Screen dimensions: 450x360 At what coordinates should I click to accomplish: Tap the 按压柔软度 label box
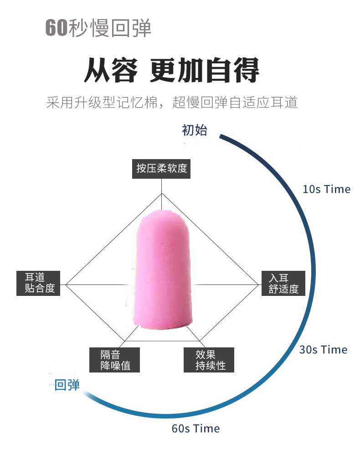(x=162, y=168)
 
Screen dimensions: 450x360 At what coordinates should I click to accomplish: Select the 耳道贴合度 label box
(x=39, y=283)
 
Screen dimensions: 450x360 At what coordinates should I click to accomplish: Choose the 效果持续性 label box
(x=209, y=360)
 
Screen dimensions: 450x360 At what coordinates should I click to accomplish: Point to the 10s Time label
(x=326, y=189)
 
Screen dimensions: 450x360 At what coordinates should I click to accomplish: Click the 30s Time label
(x=323, y=350)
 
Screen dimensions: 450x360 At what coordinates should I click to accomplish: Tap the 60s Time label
(x=195, y=429)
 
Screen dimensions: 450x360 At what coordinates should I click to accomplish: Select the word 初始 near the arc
(x=194, y=130)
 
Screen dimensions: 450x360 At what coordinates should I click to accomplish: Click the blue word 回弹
(x=67, y=385)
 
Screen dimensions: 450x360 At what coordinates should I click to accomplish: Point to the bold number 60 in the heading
(x=56, y=28)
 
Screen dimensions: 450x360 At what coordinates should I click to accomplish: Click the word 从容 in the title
(x=110, y=71)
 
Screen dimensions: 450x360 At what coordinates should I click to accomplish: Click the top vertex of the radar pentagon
(x=162, y=193)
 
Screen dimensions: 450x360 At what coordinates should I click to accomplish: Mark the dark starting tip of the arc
(x=221, y=136)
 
